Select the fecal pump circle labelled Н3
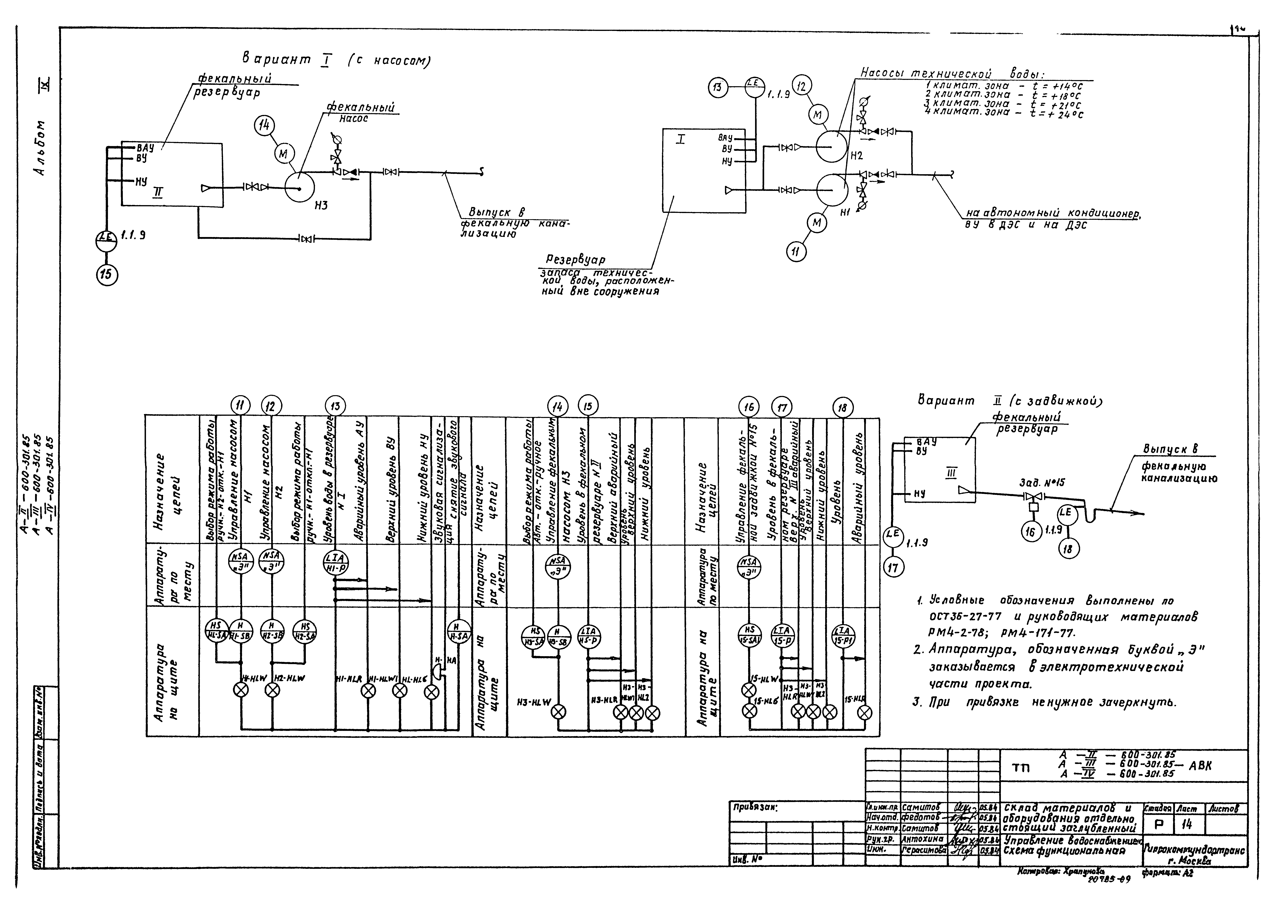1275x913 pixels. point(299,186)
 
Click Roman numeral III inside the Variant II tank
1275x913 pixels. point(951,474)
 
